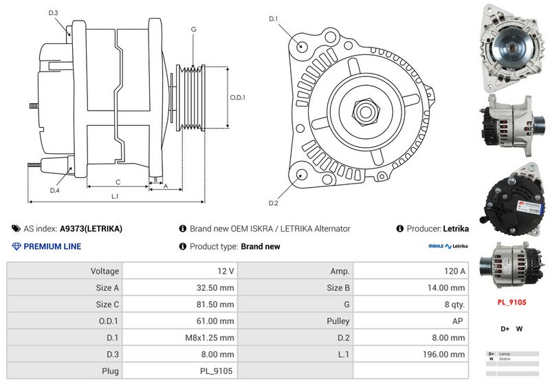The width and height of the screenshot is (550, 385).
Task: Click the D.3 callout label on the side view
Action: (54, 13)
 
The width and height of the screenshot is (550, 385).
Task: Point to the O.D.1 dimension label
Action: (237, 98)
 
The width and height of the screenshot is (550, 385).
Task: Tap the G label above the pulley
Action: (194, 29)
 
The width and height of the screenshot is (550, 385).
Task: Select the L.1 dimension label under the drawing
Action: (115, 197)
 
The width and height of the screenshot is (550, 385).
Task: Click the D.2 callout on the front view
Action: (273, 203)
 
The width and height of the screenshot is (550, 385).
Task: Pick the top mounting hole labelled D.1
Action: (302, 45)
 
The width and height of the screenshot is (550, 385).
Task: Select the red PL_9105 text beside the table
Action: (511, 302)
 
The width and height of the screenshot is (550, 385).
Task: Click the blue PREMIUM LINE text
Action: (52, 246)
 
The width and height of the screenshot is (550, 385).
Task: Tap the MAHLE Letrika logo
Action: (448, 246)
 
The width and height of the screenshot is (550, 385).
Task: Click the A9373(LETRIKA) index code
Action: (91, 229)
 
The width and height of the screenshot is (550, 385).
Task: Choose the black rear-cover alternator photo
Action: (511, 200)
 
